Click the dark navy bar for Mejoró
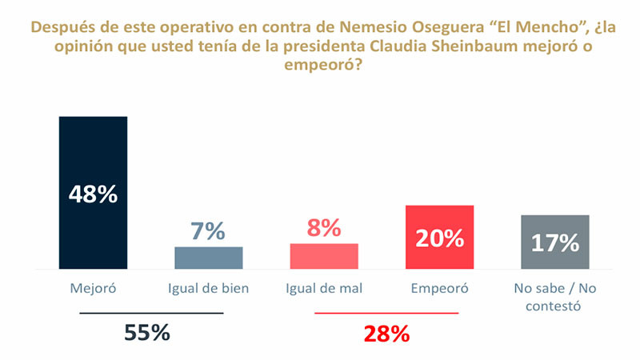(93, 152)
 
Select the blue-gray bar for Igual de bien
(208, 258)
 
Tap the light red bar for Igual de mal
(323, 256)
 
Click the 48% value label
(93, 194)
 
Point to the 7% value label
(208, 231)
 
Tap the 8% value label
(323, 229)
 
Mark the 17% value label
(554, 242)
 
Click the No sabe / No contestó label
(554, 297)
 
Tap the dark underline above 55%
(151, 313)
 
